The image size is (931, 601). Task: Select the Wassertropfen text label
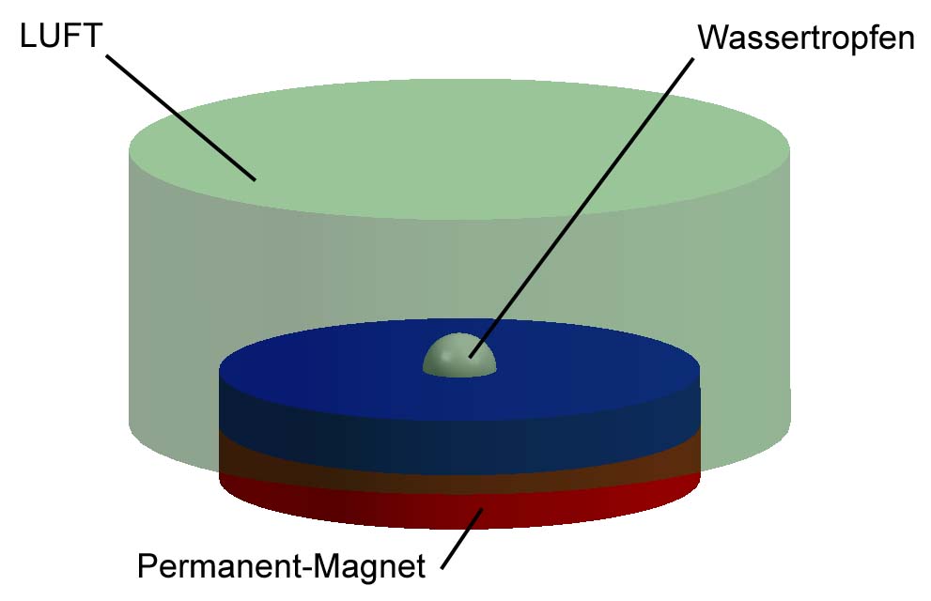pyautogui.click(x=806, y=39)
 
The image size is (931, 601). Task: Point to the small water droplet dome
pyautogui.click(x=459, y=356)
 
